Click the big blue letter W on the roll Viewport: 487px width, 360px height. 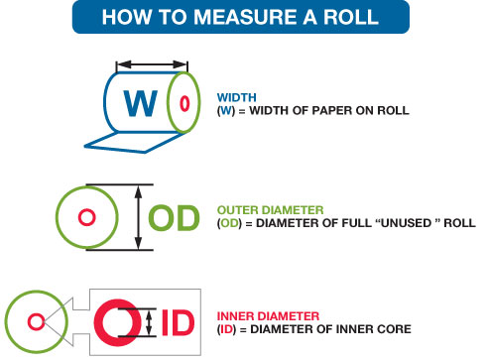click(141, 103)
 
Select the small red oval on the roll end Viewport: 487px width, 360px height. click(184, 103)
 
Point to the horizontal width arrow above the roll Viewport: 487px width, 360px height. click(152, 64)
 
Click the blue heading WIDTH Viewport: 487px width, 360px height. click(237, 97)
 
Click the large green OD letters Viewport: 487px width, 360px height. click(174, 217)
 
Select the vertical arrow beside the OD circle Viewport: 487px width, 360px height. click(139, 217)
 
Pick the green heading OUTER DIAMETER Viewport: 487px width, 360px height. click(271, 210)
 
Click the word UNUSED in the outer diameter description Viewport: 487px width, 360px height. click(407, 223)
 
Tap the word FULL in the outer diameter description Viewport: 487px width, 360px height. click(356, 223)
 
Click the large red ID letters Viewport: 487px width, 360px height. click(178, 322)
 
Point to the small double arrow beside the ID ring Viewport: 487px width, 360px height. click(149, 322)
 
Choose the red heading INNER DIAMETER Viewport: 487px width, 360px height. click(268, 316)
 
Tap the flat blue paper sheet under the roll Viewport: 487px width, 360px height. click(132, 143)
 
